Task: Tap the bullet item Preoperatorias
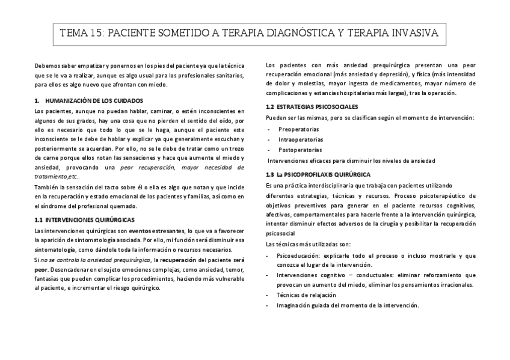[298, 129]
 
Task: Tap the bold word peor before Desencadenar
[41, 269]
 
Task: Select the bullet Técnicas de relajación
[306, 295]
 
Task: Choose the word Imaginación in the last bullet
[294, 305]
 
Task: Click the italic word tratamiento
[50, 177]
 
